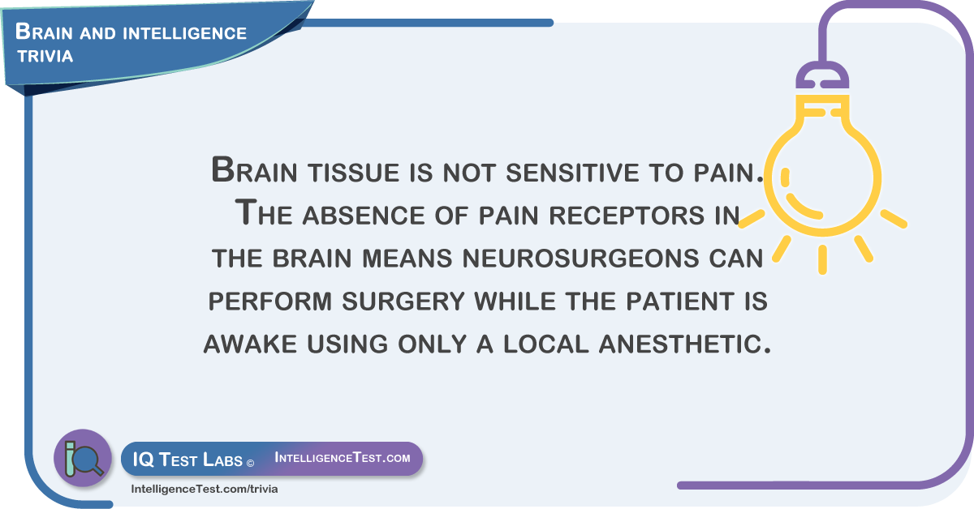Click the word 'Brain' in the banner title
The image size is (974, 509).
coord(44,32)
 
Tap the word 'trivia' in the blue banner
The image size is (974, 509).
coord(45,56)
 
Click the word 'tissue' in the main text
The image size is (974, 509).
coord(354,172)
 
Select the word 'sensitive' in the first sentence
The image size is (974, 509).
coord(573,172)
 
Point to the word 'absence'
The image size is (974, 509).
coord(364,215)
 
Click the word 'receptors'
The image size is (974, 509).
coord(627,215)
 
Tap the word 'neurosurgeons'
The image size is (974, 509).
coord(580,258)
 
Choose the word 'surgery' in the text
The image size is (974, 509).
coord(403,301)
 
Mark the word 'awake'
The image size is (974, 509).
coord(250,344)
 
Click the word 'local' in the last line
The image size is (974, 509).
coord(546,344)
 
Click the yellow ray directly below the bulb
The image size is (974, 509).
coord(822,259)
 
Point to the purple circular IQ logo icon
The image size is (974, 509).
coord(83,458)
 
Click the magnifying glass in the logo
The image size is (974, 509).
coord(88,460)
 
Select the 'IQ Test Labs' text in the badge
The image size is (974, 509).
coord(187,460)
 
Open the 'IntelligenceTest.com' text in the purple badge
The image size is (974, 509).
coord(343,457)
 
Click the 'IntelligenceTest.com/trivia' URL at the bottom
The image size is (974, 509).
coord(205,489)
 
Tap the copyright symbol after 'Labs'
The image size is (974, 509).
coord(250,463)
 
